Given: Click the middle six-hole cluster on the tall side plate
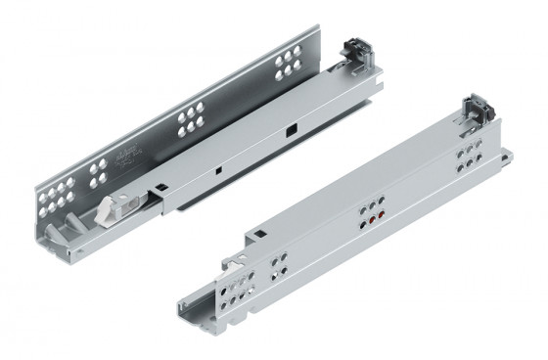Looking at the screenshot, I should pyautogui.click(x=189, y=120).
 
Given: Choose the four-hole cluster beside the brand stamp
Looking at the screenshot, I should pyautogui.click(x=100, y=174).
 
